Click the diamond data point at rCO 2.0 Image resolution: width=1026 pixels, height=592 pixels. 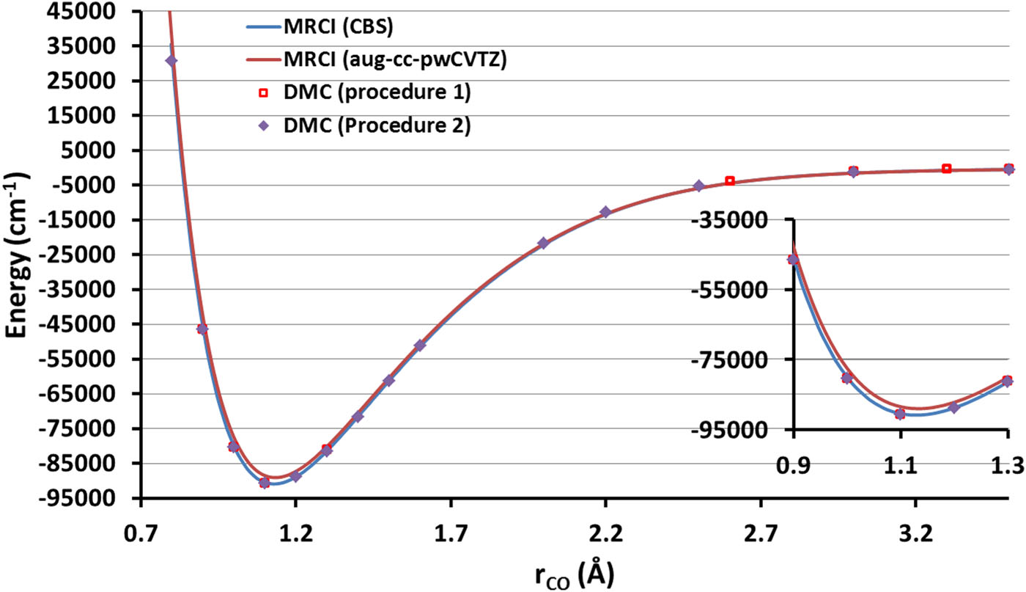click(x=543, y=243)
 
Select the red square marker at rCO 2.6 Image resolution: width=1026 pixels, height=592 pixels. click(x=729, y=180)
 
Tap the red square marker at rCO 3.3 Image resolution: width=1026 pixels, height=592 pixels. click(x=946, y=169)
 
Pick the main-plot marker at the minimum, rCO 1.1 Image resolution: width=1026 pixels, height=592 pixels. click(x=265, y=483)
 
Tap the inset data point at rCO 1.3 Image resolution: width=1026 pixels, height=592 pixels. click(x=1007, y=381)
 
